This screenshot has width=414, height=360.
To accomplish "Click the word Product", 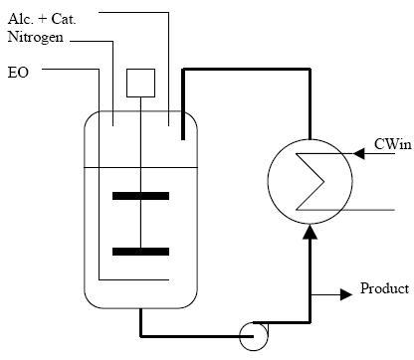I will click(385, 289).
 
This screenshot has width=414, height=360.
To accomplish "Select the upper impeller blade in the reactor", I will click(140, 196).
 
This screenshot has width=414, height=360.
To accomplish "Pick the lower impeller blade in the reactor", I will click(140, 252).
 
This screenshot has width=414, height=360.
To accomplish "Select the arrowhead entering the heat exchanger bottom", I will click(311, 231).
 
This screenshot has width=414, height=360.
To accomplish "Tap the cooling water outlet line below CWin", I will click(368, 209).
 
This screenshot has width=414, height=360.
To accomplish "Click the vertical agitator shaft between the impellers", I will click(140, 224).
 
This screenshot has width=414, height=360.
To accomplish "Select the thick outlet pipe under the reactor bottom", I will click(140, 321).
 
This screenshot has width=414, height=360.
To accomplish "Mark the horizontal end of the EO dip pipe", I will click(114, 279).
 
